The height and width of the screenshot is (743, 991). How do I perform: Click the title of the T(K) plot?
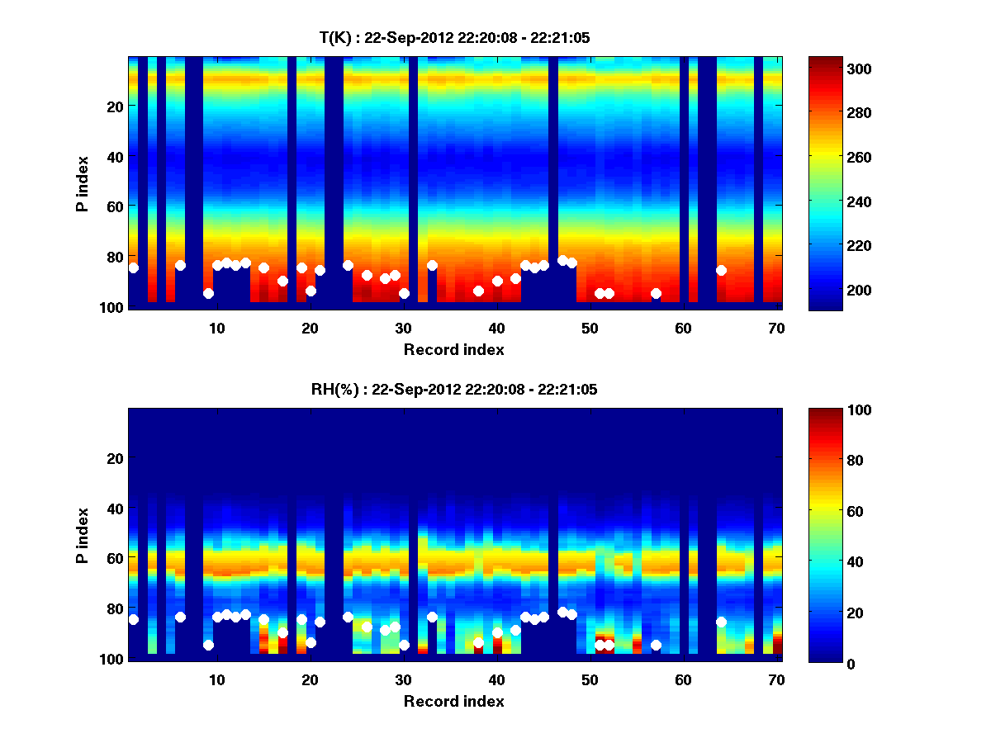click(x=454, y=37)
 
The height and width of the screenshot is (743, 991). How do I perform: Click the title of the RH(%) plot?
click(x=454, y=390)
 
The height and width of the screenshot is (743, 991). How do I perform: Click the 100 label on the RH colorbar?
click(x=828, y=410)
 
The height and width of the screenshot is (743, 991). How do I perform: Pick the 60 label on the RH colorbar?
click(x=825, y=512)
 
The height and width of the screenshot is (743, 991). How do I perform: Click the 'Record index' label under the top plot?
click(x=454, y=350)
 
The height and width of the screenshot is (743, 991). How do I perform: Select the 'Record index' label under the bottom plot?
click(x=454, y=702)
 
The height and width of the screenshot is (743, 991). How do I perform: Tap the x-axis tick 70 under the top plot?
click(x=776, y=328)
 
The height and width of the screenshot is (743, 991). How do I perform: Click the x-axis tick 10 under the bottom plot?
click(x=217, y=679)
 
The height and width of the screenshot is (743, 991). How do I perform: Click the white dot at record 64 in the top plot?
click(x=721, y=270)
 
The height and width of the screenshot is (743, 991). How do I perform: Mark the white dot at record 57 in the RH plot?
click(x=656, y=645)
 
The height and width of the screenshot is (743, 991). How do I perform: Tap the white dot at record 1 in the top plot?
click(x=134, y=267)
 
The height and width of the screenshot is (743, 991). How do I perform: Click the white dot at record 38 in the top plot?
click(x=478, y=291)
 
